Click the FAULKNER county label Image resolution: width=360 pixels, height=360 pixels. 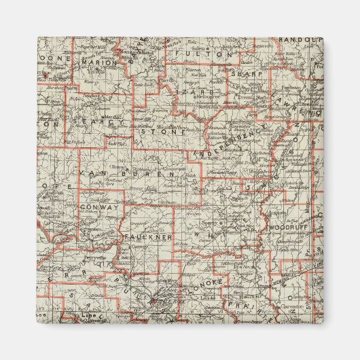(149, 236)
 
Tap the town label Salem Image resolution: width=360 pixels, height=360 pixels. (198, 49)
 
